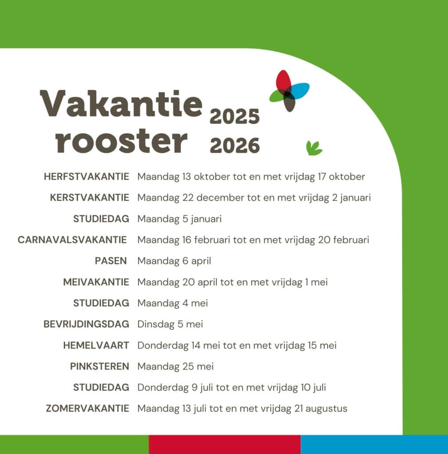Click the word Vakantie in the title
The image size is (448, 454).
point(121,103)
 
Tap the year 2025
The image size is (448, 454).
point(235,117)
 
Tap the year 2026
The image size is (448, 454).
point(235,145)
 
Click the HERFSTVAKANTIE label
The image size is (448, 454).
point(86,176)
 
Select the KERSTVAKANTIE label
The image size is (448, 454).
point(90,197)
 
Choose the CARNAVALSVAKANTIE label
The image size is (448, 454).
point(72,240)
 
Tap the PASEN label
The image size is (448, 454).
point(111,261)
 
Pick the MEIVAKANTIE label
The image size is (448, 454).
point(96,282)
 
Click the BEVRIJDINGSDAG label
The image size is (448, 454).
point(86,324)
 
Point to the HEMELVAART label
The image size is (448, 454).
point(96,345)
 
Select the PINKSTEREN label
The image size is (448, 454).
point(100,366)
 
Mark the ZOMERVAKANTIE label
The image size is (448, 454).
point(87,408)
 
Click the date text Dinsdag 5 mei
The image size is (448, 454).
point(170,324)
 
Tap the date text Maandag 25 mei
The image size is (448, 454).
point(176,367)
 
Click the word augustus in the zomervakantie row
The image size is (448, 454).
point(326,409)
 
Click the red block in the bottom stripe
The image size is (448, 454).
point(225,444)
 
